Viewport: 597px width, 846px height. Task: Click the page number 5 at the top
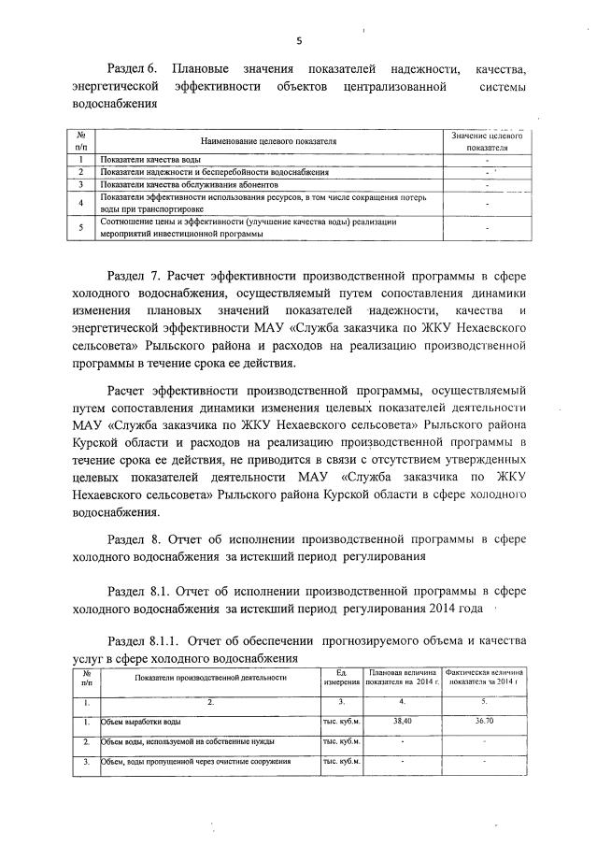[299, 40]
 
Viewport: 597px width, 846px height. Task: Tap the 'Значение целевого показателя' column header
[486, 141]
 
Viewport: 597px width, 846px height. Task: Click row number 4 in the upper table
[81, 203]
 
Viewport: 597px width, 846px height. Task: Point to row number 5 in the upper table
[81, 228]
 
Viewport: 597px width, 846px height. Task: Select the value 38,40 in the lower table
[402, 722]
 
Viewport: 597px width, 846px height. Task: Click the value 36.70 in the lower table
[484, 722]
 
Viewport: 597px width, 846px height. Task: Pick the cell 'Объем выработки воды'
[142, 722]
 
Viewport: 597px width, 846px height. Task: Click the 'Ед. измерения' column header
[342, 677]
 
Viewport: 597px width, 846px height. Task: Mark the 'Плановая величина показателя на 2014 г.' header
[403, 677]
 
